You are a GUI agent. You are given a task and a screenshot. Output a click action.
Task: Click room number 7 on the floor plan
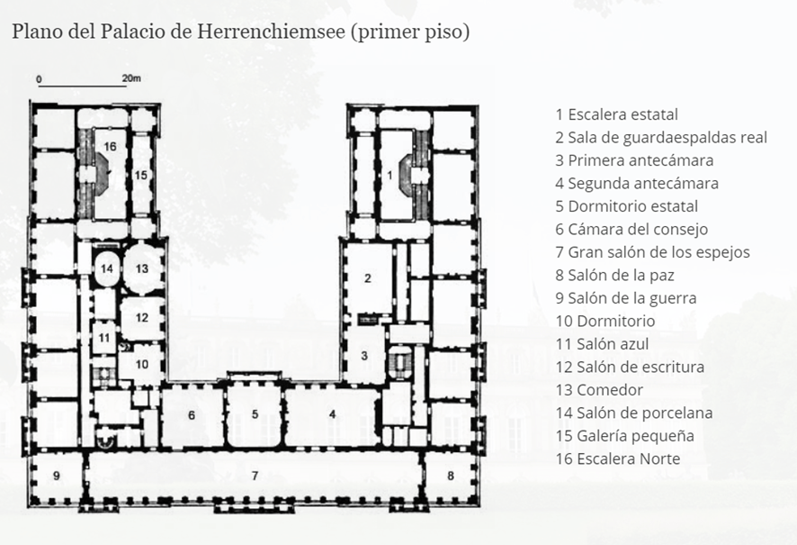coord(255,476)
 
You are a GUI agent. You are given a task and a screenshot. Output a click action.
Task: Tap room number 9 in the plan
coord(57,476)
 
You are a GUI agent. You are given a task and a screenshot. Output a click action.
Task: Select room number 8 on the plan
coord(451,476)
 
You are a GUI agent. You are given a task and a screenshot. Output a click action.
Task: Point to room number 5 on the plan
coord(255,414)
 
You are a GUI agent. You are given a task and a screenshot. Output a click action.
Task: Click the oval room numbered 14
coord(107,268)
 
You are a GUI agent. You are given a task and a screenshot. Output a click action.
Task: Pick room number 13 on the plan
coord(142,268)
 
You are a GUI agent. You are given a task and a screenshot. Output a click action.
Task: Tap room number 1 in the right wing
coord(390,175)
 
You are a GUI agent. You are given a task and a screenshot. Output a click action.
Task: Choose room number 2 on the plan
coord(368,278)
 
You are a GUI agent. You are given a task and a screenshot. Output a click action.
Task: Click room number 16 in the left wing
coord(111,147)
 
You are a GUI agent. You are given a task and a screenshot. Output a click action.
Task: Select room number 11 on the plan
coord(104,338)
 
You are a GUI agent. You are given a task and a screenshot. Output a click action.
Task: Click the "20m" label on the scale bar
coord(131,78)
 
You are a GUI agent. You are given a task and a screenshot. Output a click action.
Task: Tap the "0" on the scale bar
coord(40,79)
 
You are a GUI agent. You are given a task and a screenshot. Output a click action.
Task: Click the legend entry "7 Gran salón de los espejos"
coord(653,252)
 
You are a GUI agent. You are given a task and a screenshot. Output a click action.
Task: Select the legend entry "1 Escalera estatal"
coord(616,114)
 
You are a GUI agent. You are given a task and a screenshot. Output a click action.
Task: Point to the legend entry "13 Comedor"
coord(599,390)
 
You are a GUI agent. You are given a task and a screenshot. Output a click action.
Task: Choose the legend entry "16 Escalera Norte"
coord(618,459)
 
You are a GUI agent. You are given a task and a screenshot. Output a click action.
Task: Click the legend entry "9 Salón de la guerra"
coord(626,298)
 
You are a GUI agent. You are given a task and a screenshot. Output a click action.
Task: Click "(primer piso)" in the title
coord(409,32)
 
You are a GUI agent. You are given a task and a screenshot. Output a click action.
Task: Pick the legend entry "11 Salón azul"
coord(602,344)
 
